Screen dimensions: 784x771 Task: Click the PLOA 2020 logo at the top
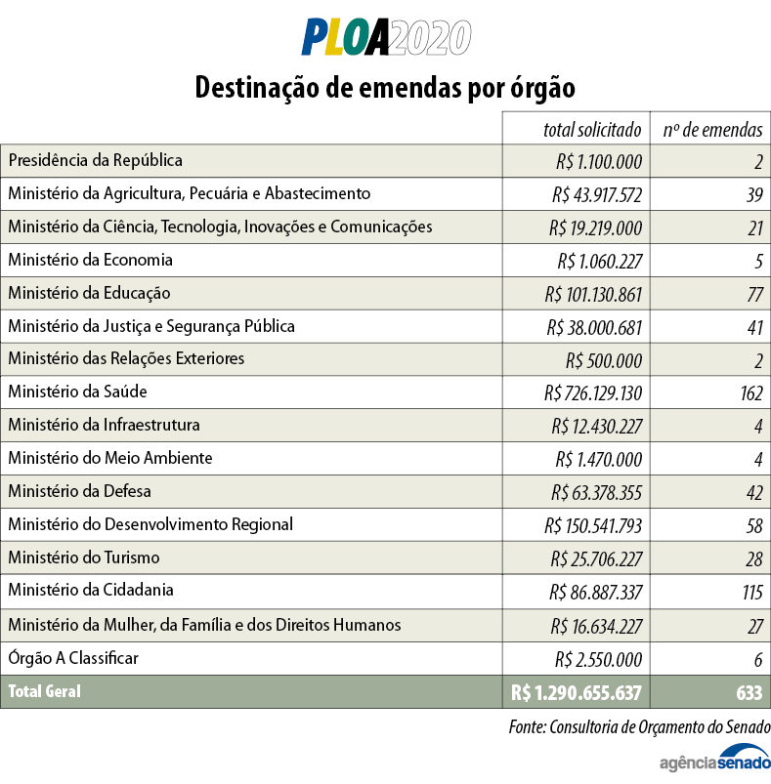click(385, 37)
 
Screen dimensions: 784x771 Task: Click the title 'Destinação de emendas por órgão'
click(385, 87)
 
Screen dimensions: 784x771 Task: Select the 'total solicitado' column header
click(592, 129)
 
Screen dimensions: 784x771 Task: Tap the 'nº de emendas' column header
click(712, 129)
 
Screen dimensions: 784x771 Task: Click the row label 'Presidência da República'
click(95, 160)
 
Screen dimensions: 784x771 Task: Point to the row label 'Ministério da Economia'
click(90, 260)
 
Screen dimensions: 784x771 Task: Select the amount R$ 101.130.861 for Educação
click(593, 294)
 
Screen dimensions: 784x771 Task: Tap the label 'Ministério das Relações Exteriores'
click(126, 358)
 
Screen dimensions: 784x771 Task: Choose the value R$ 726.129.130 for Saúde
click(593, 393)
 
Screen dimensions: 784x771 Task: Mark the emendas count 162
click(750, 393)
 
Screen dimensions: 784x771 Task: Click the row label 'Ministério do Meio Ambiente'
click(109, 458)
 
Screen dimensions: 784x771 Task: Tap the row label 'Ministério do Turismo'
click(84, 557)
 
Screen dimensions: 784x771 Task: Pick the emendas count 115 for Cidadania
click(750, 592)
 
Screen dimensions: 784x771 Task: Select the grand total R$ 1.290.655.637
click(576, 692)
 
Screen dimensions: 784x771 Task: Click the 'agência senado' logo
click(715, 759)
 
